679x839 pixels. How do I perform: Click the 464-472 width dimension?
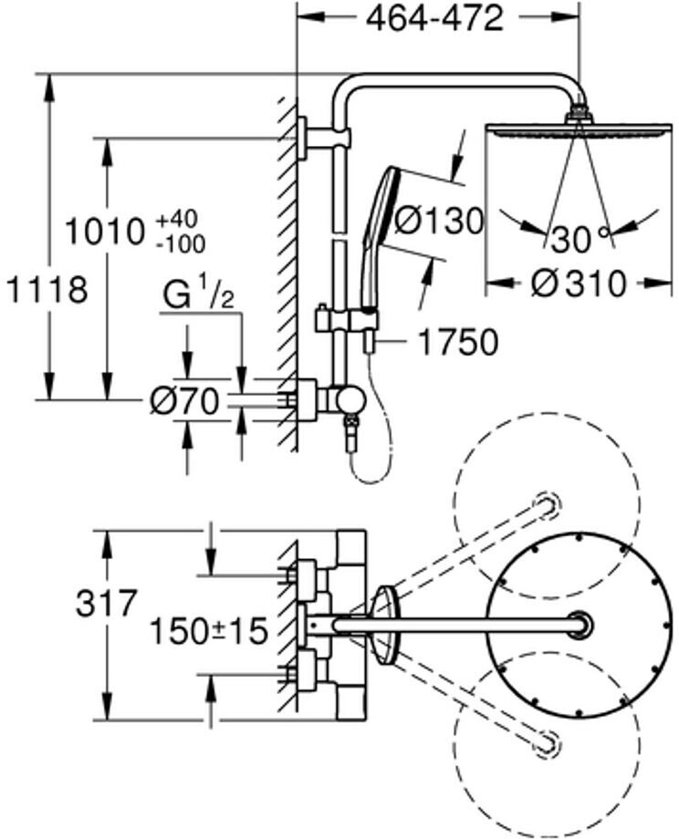click(434, 19)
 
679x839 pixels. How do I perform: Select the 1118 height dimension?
click(47, 291)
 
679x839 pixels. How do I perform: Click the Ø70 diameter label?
click(186, 401)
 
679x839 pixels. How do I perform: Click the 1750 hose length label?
click(458, 342)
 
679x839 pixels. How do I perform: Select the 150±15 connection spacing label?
click(207, 629)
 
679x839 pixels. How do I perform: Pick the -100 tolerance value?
click(180, 244)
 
